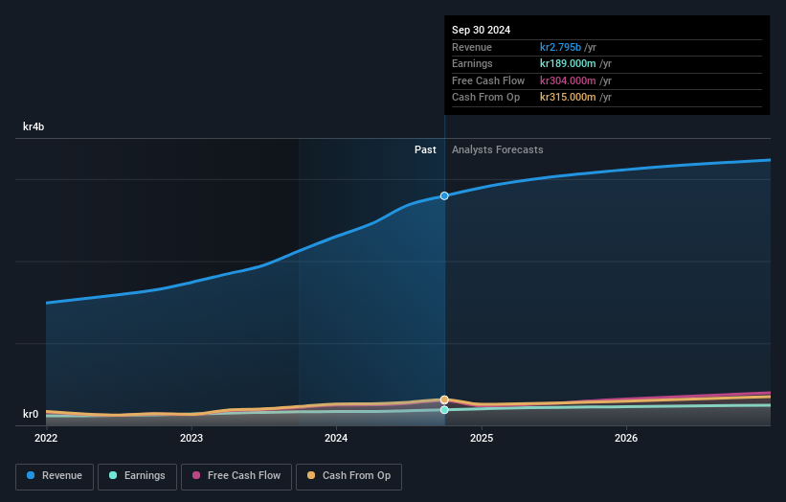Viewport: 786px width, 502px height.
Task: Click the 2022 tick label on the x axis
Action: coord(46,438)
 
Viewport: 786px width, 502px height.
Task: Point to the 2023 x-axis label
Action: coord(191,438)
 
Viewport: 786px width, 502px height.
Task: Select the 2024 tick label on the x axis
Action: coord(336,438)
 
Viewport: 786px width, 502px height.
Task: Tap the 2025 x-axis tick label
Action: coord(482,438)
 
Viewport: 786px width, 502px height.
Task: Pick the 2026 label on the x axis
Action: coord(626,438)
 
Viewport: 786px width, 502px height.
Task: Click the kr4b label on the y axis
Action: coord(34,126)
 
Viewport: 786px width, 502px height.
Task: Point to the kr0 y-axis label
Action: coord(31,414)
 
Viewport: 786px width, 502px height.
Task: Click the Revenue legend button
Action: coord(55,475)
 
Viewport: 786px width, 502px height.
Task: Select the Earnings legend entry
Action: coord(137,475)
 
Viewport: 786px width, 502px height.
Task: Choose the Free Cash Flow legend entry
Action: coord(236,475)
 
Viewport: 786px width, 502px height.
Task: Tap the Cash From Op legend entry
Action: coord(348,475)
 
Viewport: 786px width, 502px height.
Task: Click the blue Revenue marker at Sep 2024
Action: coord(444,195)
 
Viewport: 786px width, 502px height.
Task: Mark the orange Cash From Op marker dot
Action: coord(444,399)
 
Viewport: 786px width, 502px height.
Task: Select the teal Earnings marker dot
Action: coord(444,410)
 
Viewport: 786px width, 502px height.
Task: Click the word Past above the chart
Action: coord(425,149)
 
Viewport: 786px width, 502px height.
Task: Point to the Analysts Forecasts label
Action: coord(497,149)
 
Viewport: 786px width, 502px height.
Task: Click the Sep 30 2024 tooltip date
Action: coord(481,30)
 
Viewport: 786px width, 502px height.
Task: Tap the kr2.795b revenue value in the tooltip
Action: coord(568,47)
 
